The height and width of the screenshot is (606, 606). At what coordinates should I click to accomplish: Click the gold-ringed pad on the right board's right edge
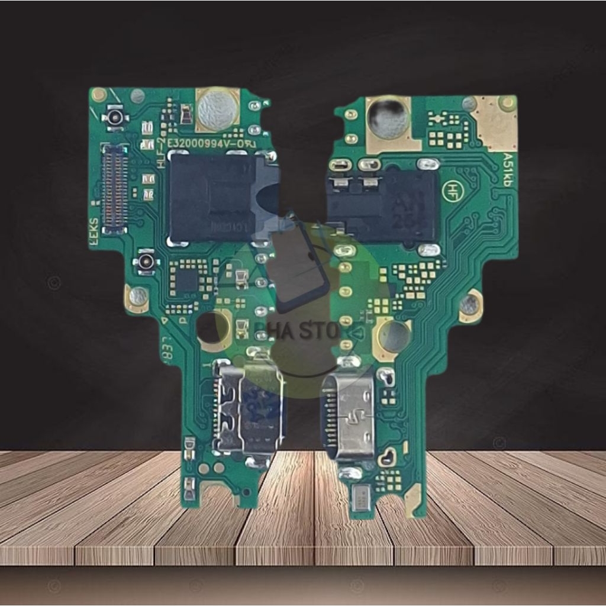pos(470,305)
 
